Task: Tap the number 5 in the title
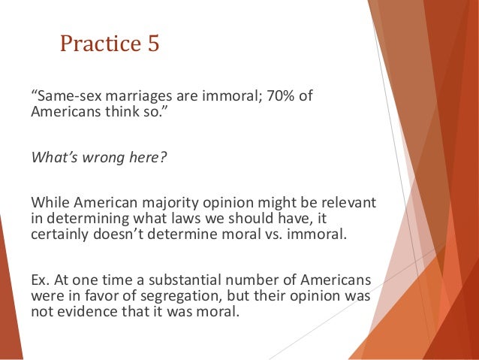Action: [x=152, y=44]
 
